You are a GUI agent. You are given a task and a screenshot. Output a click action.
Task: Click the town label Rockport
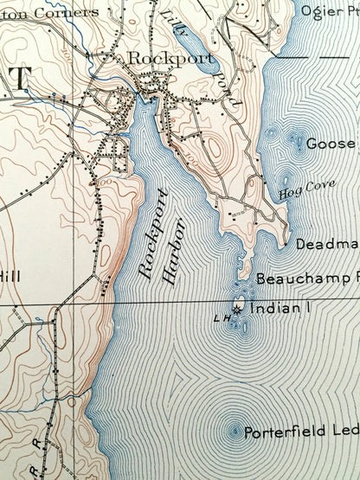click(157, 60)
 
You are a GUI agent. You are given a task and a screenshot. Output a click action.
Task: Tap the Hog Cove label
click(295, 193)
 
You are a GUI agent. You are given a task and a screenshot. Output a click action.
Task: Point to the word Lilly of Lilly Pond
click(173, 25)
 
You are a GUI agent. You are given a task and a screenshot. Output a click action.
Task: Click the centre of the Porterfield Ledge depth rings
click(234, 430)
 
